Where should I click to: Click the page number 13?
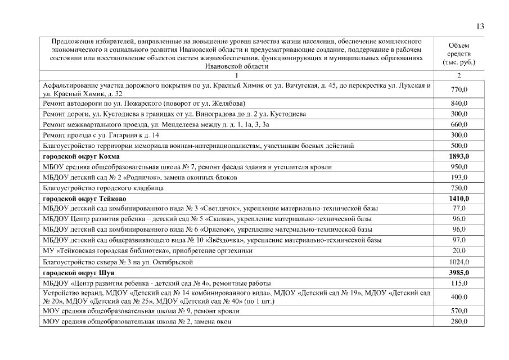tap(480, 26)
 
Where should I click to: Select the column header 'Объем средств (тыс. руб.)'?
tap(459, 53)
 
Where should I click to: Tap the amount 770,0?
tap(459, 89)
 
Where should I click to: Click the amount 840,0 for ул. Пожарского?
tap(459, 103)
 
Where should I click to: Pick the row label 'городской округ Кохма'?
tap(82, 156)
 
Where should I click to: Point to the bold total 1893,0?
tap(459, 156)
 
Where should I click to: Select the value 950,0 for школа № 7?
tap(459, 167)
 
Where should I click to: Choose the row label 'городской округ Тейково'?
tap(84, 199)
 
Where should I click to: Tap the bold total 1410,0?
tap(459, 199)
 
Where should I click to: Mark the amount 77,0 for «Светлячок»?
tap(459, 209)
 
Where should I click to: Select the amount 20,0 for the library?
tap(459, 251)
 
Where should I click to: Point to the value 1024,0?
tap(459, 262)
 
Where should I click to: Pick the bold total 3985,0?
tap(459, 273)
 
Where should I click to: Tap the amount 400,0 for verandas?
tap(459, 297)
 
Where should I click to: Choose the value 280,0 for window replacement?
tap(459, 321)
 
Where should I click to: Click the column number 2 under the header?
tap(459, 75)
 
